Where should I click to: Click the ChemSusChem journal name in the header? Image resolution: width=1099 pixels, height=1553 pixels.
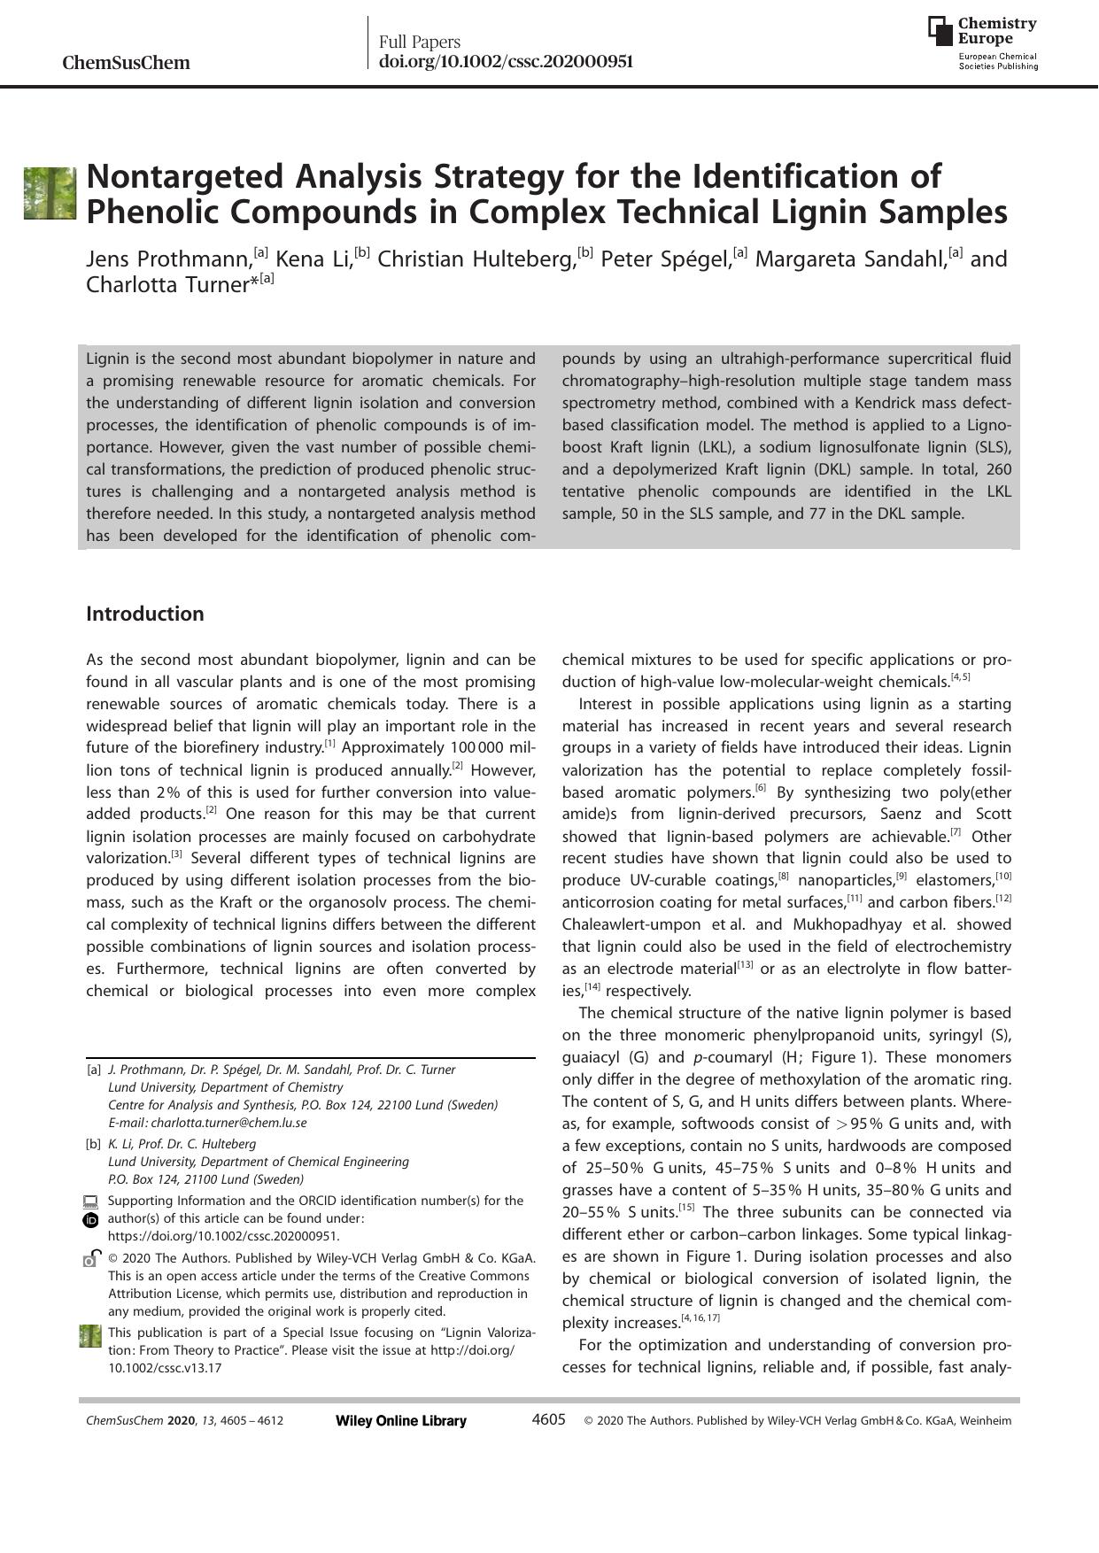point(126,63)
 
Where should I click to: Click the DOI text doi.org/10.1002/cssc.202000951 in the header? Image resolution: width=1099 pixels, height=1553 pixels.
point(506,61)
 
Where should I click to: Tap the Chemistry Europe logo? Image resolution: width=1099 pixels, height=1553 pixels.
point(983,42)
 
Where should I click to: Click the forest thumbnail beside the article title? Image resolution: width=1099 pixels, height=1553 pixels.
point(50,193)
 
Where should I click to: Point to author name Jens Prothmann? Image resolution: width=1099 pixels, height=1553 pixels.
point(168,259)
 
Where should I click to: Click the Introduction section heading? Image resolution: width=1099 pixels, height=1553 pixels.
point(144,614)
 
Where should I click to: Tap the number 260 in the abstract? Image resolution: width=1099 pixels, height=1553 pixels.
point(997,469)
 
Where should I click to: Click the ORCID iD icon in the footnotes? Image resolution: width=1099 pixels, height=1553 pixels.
point(89,1220)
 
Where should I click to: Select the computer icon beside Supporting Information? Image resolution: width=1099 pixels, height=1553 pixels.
point(89,1201)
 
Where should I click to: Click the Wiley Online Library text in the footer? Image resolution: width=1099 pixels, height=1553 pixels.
point(401,1421)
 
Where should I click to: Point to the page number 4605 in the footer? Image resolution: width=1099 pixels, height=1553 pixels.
point(548,1420)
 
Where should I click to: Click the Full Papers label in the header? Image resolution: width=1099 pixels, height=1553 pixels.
point(420,42)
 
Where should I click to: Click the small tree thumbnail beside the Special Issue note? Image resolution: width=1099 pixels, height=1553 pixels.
point(90,1336)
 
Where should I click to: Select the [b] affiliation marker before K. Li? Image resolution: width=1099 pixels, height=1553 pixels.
point(94,1144)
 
